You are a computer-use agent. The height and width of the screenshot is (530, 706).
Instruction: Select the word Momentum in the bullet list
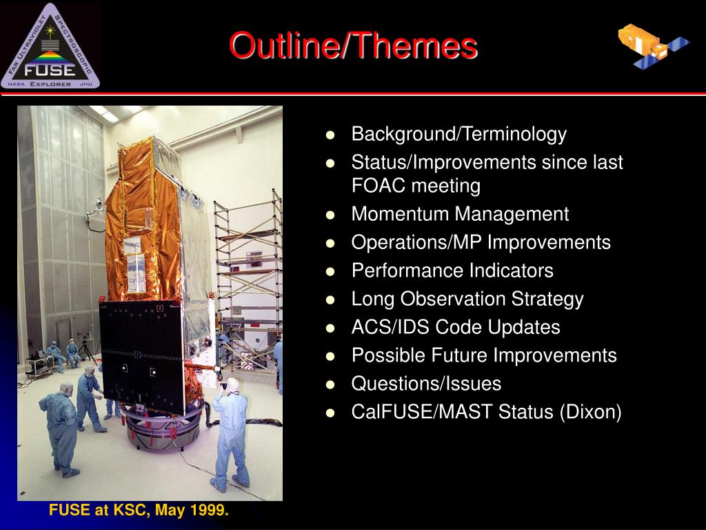(x=401, y=214)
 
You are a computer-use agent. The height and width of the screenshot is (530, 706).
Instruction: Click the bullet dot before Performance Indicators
(x=330, y=271)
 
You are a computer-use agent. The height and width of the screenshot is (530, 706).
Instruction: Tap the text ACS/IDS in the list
(x=390, y=327)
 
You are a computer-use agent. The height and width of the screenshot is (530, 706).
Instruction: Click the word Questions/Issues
(x=426, y=384)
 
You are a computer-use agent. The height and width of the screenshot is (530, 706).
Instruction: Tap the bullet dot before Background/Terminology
(x=330, y=135)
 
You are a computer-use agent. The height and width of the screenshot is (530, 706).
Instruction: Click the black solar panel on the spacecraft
(x=142, y=356)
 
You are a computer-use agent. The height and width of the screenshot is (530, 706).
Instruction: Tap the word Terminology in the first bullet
(x=514, y=135)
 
